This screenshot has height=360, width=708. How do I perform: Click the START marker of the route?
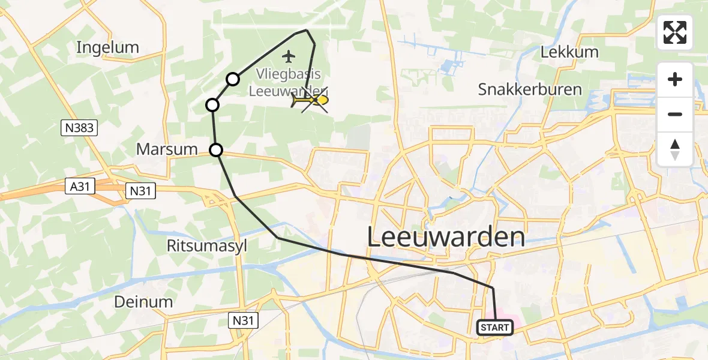point(495,328)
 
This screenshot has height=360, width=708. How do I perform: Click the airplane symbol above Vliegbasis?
point(289,57)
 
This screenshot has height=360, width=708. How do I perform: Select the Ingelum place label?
point(108,47)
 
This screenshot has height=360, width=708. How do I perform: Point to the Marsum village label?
point(167,149)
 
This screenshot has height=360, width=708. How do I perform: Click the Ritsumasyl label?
point(208,245)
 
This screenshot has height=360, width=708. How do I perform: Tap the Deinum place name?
point(145,301)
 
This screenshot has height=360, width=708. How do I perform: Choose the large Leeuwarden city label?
point(446,238)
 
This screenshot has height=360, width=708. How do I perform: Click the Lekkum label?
point(569,52)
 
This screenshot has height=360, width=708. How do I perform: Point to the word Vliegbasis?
point(288,74)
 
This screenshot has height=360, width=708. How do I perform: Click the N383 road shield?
point(79,127)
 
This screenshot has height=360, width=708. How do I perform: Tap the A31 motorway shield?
point(79,187)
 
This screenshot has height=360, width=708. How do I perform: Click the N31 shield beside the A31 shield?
point(141,191)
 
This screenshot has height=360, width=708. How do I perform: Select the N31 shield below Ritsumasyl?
point(244,320)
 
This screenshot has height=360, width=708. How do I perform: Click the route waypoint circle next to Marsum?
point(216,149)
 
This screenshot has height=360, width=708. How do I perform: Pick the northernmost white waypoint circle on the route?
point(233,79)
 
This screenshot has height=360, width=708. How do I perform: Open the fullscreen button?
point(675,32)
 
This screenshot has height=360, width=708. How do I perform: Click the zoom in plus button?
point(675,80)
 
